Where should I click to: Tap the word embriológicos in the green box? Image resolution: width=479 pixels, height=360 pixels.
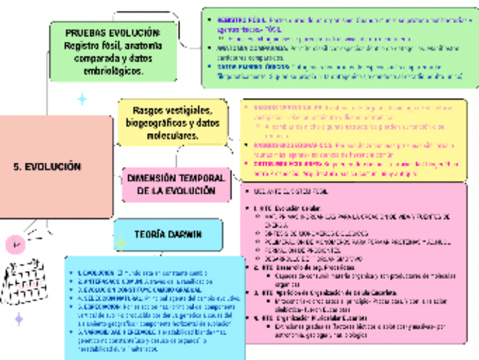(x=113, y=72)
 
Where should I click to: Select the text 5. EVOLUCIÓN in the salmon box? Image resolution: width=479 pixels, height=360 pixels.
(x=47, y=167)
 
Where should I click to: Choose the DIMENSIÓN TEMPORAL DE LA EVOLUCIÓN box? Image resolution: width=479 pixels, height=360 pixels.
(x=176, y=184)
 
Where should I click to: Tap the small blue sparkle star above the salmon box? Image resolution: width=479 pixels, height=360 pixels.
(x=82, y=100)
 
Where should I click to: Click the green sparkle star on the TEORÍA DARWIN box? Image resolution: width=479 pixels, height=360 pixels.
(x=121, y=244)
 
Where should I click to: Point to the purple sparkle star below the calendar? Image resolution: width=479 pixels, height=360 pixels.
(x=19, y=320)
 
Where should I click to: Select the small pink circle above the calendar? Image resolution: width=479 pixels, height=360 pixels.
(x=16, y=245)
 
